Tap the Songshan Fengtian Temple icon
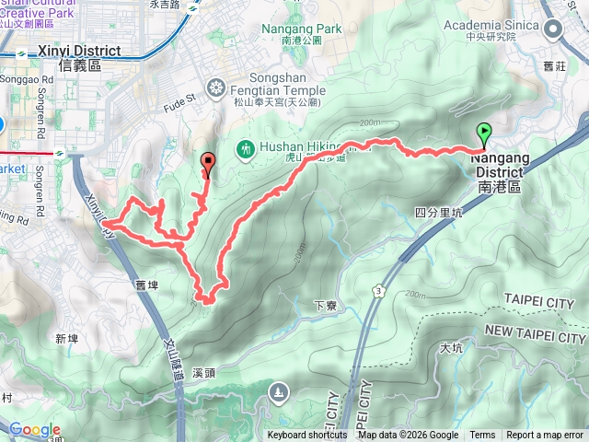point(216,88)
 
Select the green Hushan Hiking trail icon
point(246,147)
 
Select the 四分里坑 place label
point(437,213)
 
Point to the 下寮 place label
point(323,306)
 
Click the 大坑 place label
point(451,348)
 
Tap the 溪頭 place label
point(205,374)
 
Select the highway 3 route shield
point(377,291)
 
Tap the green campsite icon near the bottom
point(278,394)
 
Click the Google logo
point(34,429)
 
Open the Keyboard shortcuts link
point(307,436)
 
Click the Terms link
point(481,436)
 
